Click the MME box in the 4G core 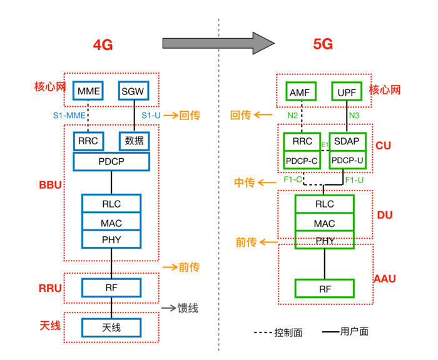[x=89, y=91]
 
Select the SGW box [x=134, y=91]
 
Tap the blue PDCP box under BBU [x=111, y=161]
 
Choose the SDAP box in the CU [x=347, y=142]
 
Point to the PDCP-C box [x=302, y=161]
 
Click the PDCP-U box [x=347, y=161]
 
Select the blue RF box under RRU [x=111, y=287]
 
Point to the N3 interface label [x=354, y=116]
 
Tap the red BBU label [x=50, y=186]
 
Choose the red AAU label [x=385, y=279]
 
